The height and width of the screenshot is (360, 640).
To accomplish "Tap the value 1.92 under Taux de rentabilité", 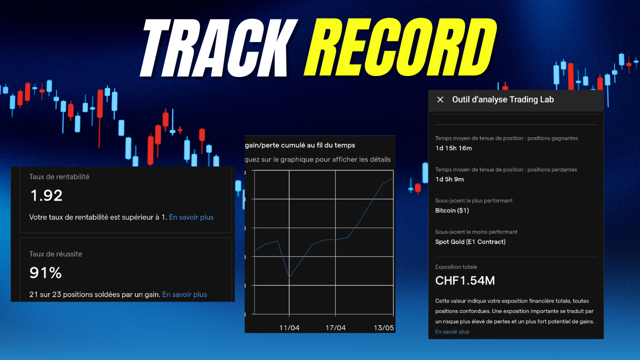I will click(46, 195).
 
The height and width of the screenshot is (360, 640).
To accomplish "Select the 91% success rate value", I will click(45, 272).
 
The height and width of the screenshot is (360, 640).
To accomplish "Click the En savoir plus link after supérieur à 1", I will click(191, 217).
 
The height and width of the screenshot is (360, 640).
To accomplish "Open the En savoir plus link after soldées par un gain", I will click(184, 294).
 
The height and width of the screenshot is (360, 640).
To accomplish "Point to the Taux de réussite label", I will click(55, 254).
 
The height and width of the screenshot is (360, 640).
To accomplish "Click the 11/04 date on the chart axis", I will click(289, 328).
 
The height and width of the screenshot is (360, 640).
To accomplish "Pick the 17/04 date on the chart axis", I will click(335, 328).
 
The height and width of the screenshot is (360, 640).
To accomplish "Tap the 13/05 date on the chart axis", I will click(384, 328).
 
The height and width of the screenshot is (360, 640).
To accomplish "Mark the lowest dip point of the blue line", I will click(289, 277).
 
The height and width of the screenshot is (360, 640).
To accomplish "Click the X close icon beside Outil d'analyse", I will click(440, 99).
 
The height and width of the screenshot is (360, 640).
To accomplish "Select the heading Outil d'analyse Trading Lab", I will click(503, 99).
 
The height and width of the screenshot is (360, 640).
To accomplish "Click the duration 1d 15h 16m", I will click(453, 148).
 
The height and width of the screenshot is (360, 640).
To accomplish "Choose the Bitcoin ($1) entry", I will click(452, 210).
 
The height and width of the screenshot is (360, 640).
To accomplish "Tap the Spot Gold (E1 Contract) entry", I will click(470, 242).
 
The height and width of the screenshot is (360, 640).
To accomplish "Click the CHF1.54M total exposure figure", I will click(465, 280).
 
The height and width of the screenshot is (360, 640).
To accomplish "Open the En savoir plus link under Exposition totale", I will click(452, 331).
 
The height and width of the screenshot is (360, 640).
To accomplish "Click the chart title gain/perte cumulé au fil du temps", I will click(299, 145).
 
